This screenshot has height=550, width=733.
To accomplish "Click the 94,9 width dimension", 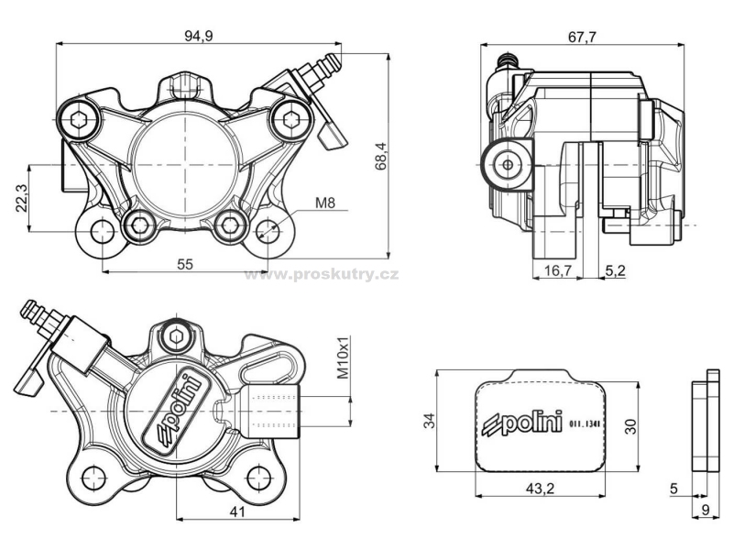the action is point(198,36).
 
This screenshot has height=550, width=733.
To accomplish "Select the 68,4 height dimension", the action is point(381,156).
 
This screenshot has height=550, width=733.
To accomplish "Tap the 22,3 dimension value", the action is point(22,198).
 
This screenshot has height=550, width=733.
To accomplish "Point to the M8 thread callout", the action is point(325,203).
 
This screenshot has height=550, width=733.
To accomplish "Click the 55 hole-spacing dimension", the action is point(185,264).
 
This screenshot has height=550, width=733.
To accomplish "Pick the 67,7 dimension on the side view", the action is point(582,37).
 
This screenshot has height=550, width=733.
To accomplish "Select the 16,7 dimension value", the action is point(558,269).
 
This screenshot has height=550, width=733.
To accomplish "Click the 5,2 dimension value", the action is point(615,269).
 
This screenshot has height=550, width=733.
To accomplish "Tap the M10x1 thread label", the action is point(344,357).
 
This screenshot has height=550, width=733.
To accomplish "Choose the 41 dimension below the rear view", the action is point(237,512).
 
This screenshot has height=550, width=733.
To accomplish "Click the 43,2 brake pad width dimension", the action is point(540,489).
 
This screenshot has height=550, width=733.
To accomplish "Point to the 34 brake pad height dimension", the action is point(429,421).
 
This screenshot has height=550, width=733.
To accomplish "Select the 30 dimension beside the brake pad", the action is point(631,426).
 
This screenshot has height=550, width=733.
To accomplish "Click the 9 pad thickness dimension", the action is point(706,510).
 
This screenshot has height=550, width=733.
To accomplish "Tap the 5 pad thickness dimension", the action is point(673,489).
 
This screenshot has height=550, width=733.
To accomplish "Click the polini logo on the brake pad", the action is point(522,423).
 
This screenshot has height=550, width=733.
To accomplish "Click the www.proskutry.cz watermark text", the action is point(322,274).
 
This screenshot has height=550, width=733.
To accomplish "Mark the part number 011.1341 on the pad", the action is point(585,424).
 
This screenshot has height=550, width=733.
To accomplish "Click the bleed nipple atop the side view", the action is point(509,60).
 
